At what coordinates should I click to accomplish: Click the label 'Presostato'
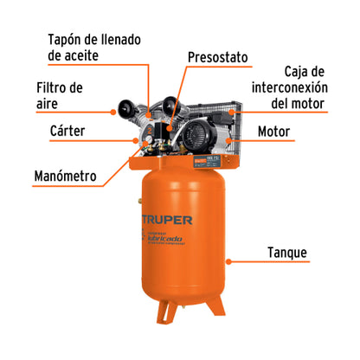218,57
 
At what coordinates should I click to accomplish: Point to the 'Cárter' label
55,132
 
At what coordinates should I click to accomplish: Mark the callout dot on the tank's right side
228,259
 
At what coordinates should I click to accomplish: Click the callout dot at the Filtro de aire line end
114,110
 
